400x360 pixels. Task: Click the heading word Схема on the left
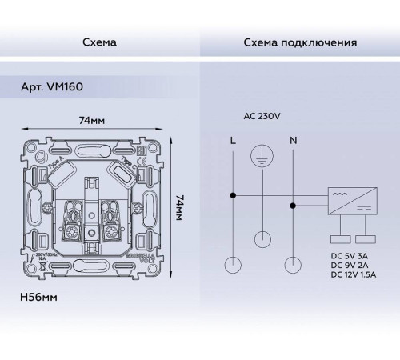pyautogui.click(x=100, y=42)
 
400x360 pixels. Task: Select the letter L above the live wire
pyautogui.click(x=233, y=141)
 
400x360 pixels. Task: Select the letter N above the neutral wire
pyautogui.click(x=294, y=141)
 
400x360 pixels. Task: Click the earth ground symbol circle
pyautogui.click(x=262, y=156)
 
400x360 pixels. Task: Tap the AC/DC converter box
pyautogui.click(x=350, y=201)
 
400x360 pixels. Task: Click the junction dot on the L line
pyautogui.click(x=233, y=194)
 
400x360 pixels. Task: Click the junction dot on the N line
pyautogui.click(x=294, y=206)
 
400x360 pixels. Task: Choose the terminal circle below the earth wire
pyautogui.click(x=262, y=238)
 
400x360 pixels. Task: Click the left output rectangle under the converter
pyautogui.click(x=337, y=238)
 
